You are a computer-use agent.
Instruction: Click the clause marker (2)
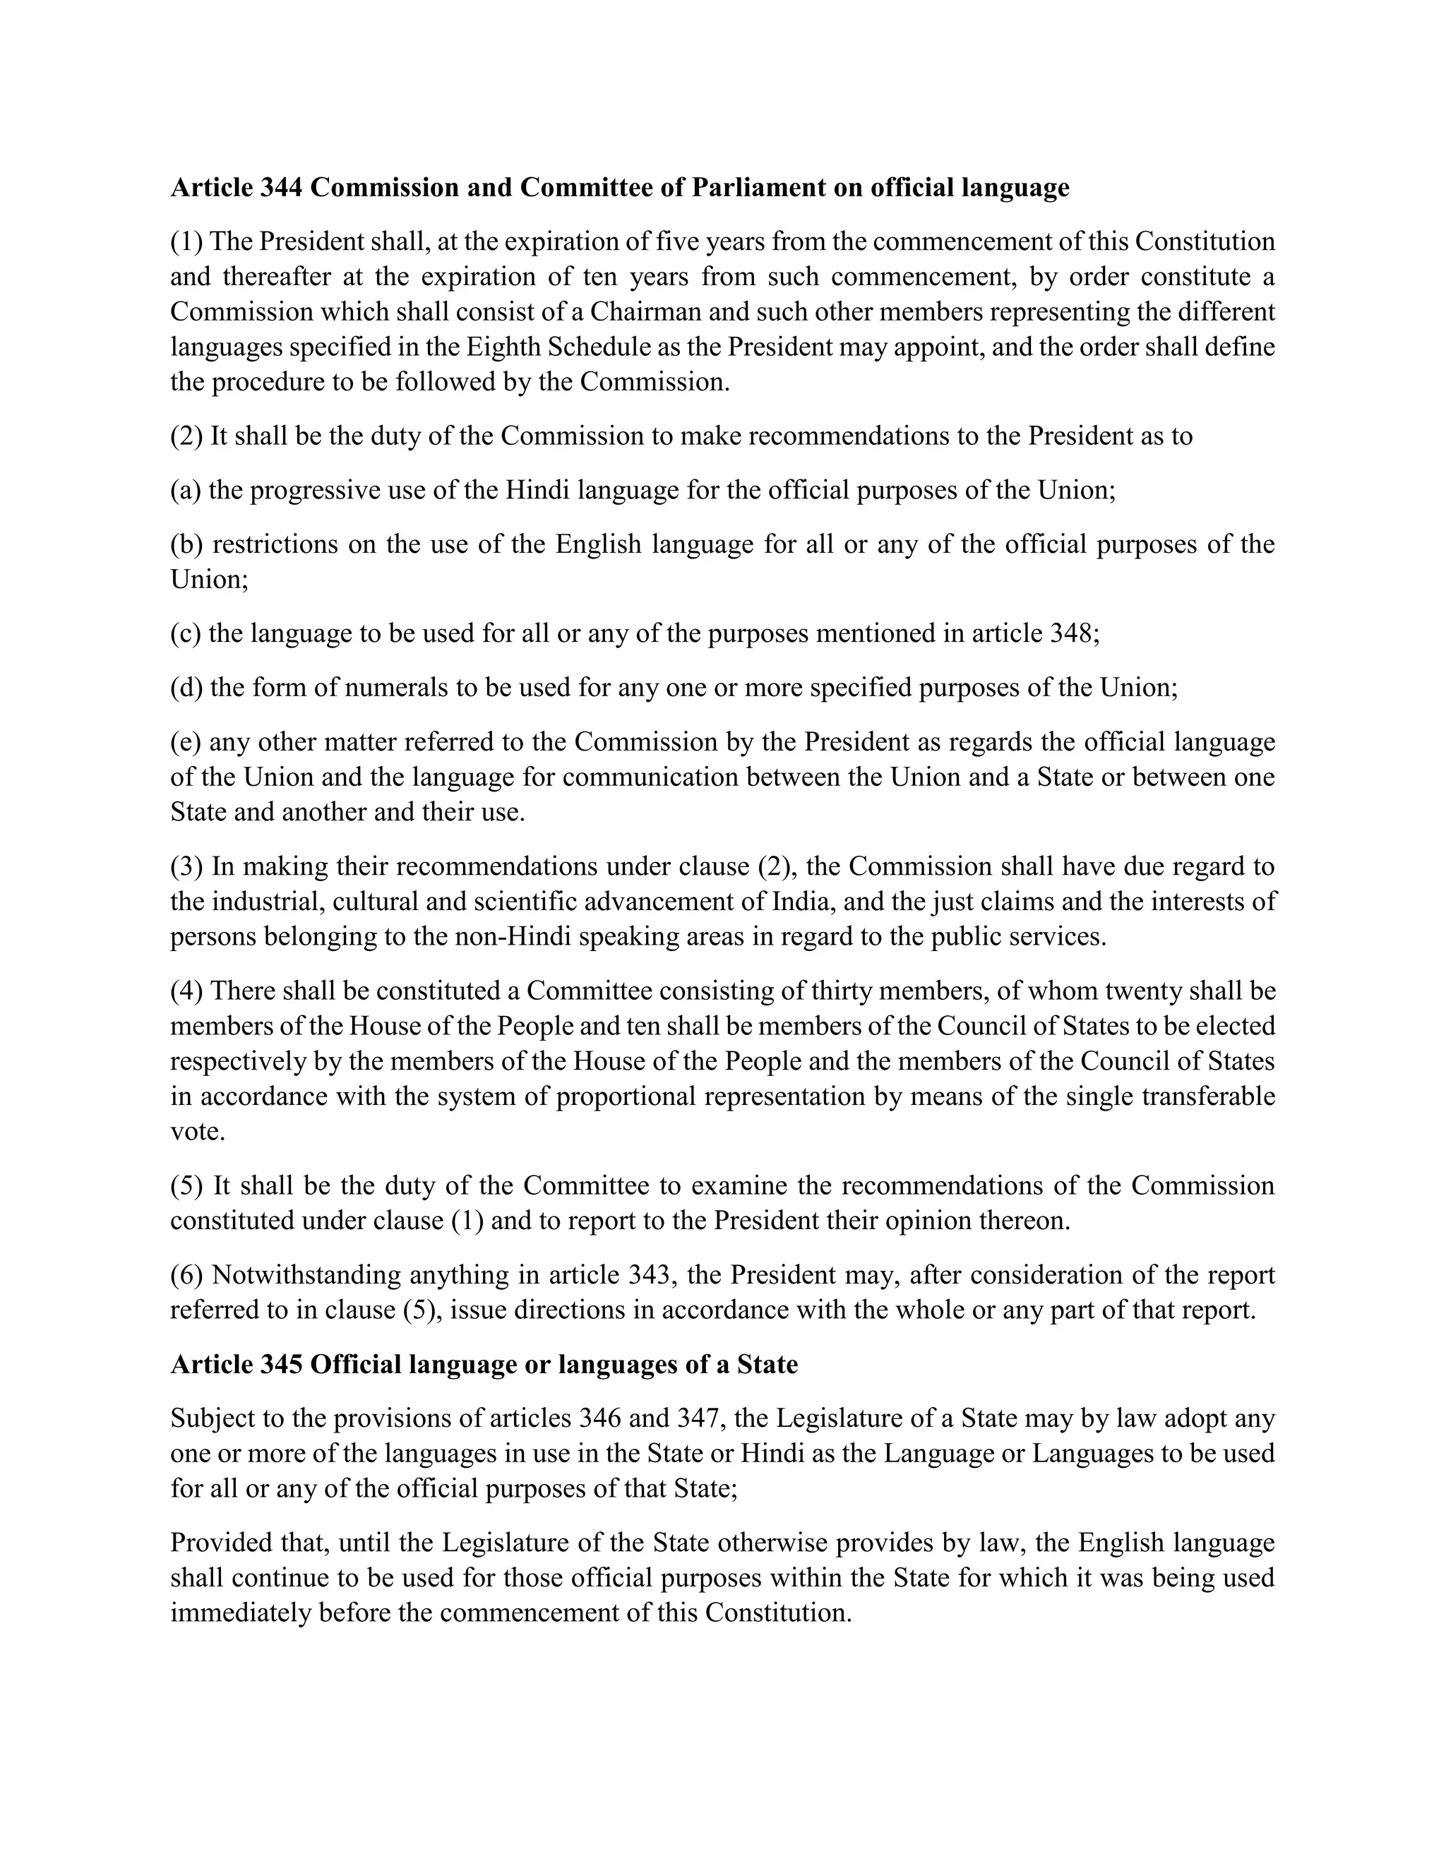(x=186, y=436)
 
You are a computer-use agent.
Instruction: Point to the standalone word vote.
(x=197, y=1132)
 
